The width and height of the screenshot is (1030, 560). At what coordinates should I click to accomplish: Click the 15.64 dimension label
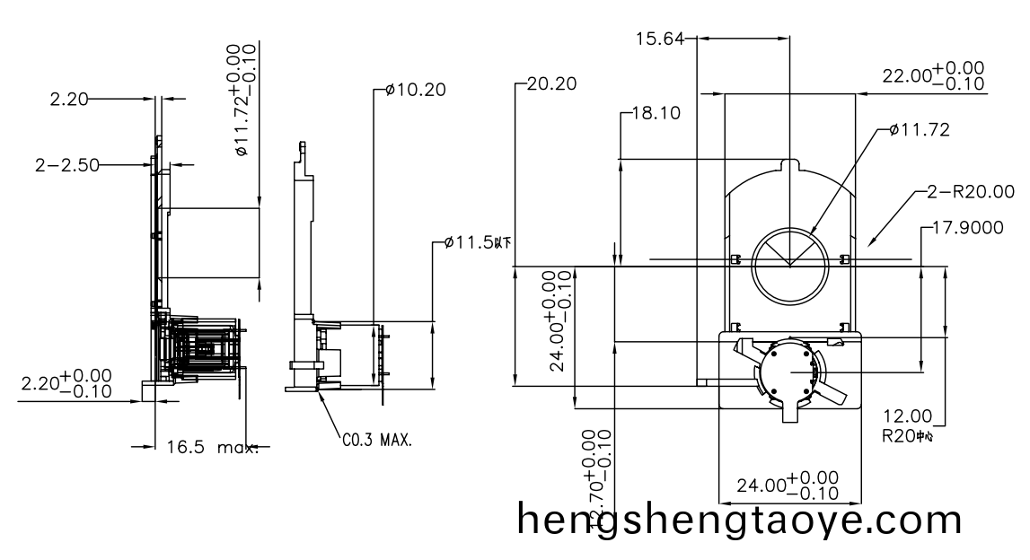point(659,39)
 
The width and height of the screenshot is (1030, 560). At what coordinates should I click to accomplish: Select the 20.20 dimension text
point(551,84)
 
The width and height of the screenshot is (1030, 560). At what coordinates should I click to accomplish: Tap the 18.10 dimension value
point(656,114)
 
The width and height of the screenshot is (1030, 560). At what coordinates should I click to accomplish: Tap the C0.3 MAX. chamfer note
point(377,441)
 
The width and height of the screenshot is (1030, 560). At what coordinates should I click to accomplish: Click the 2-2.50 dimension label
point(66,164)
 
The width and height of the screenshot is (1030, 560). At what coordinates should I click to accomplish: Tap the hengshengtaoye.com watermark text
point(740,521)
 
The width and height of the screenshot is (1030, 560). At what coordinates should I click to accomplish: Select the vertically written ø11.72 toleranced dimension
point(242,101)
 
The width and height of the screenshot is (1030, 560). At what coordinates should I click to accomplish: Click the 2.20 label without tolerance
point(69,100)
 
